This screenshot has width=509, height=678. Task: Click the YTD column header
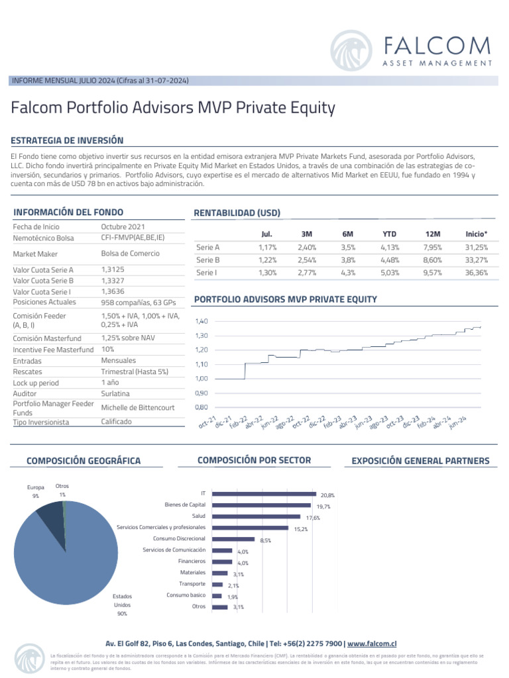click(x=389, y=234)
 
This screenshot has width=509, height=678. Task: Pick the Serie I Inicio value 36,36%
click(x=477, y=272)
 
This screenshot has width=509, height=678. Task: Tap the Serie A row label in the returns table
click(x=208, y=247)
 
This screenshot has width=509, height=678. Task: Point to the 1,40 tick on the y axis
click(x=202, y=320)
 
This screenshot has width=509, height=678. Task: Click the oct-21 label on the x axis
click(x=207, y=422)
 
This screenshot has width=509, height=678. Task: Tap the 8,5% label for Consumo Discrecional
click(x=265, y=540)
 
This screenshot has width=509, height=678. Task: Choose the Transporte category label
click(x=192, y=583)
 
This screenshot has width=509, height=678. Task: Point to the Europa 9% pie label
click(x=35, y=491)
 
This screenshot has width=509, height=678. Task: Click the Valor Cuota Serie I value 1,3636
click(x=113, y=291)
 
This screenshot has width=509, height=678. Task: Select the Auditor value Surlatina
click(x=115, y=394)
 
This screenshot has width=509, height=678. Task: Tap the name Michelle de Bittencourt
click(x=137, y=407)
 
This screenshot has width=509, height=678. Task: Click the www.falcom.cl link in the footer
click(x=372, y=643)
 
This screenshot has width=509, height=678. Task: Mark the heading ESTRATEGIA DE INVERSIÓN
click(x=68, y=140)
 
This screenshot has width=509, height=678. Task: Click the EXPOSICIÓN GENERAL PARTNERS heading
click(x=420, y=461)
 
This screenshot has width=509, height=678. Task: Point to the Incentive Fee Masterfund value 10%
click(x=108, y=349)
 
